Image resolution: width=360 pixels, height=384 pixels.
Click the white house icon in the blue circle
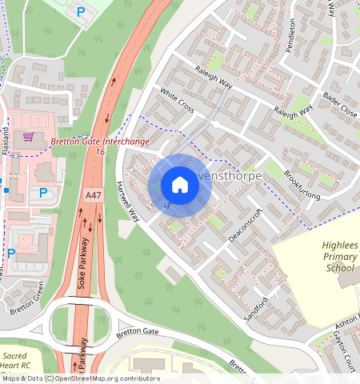pyautogui.click(x=180, y=186)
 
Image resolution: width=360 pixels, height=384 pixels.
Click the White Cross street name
pyautogui.click(x=176, y=100)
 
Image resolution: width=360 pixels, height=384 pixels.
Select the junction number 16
pyautogui.click(x=100, y=151)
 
